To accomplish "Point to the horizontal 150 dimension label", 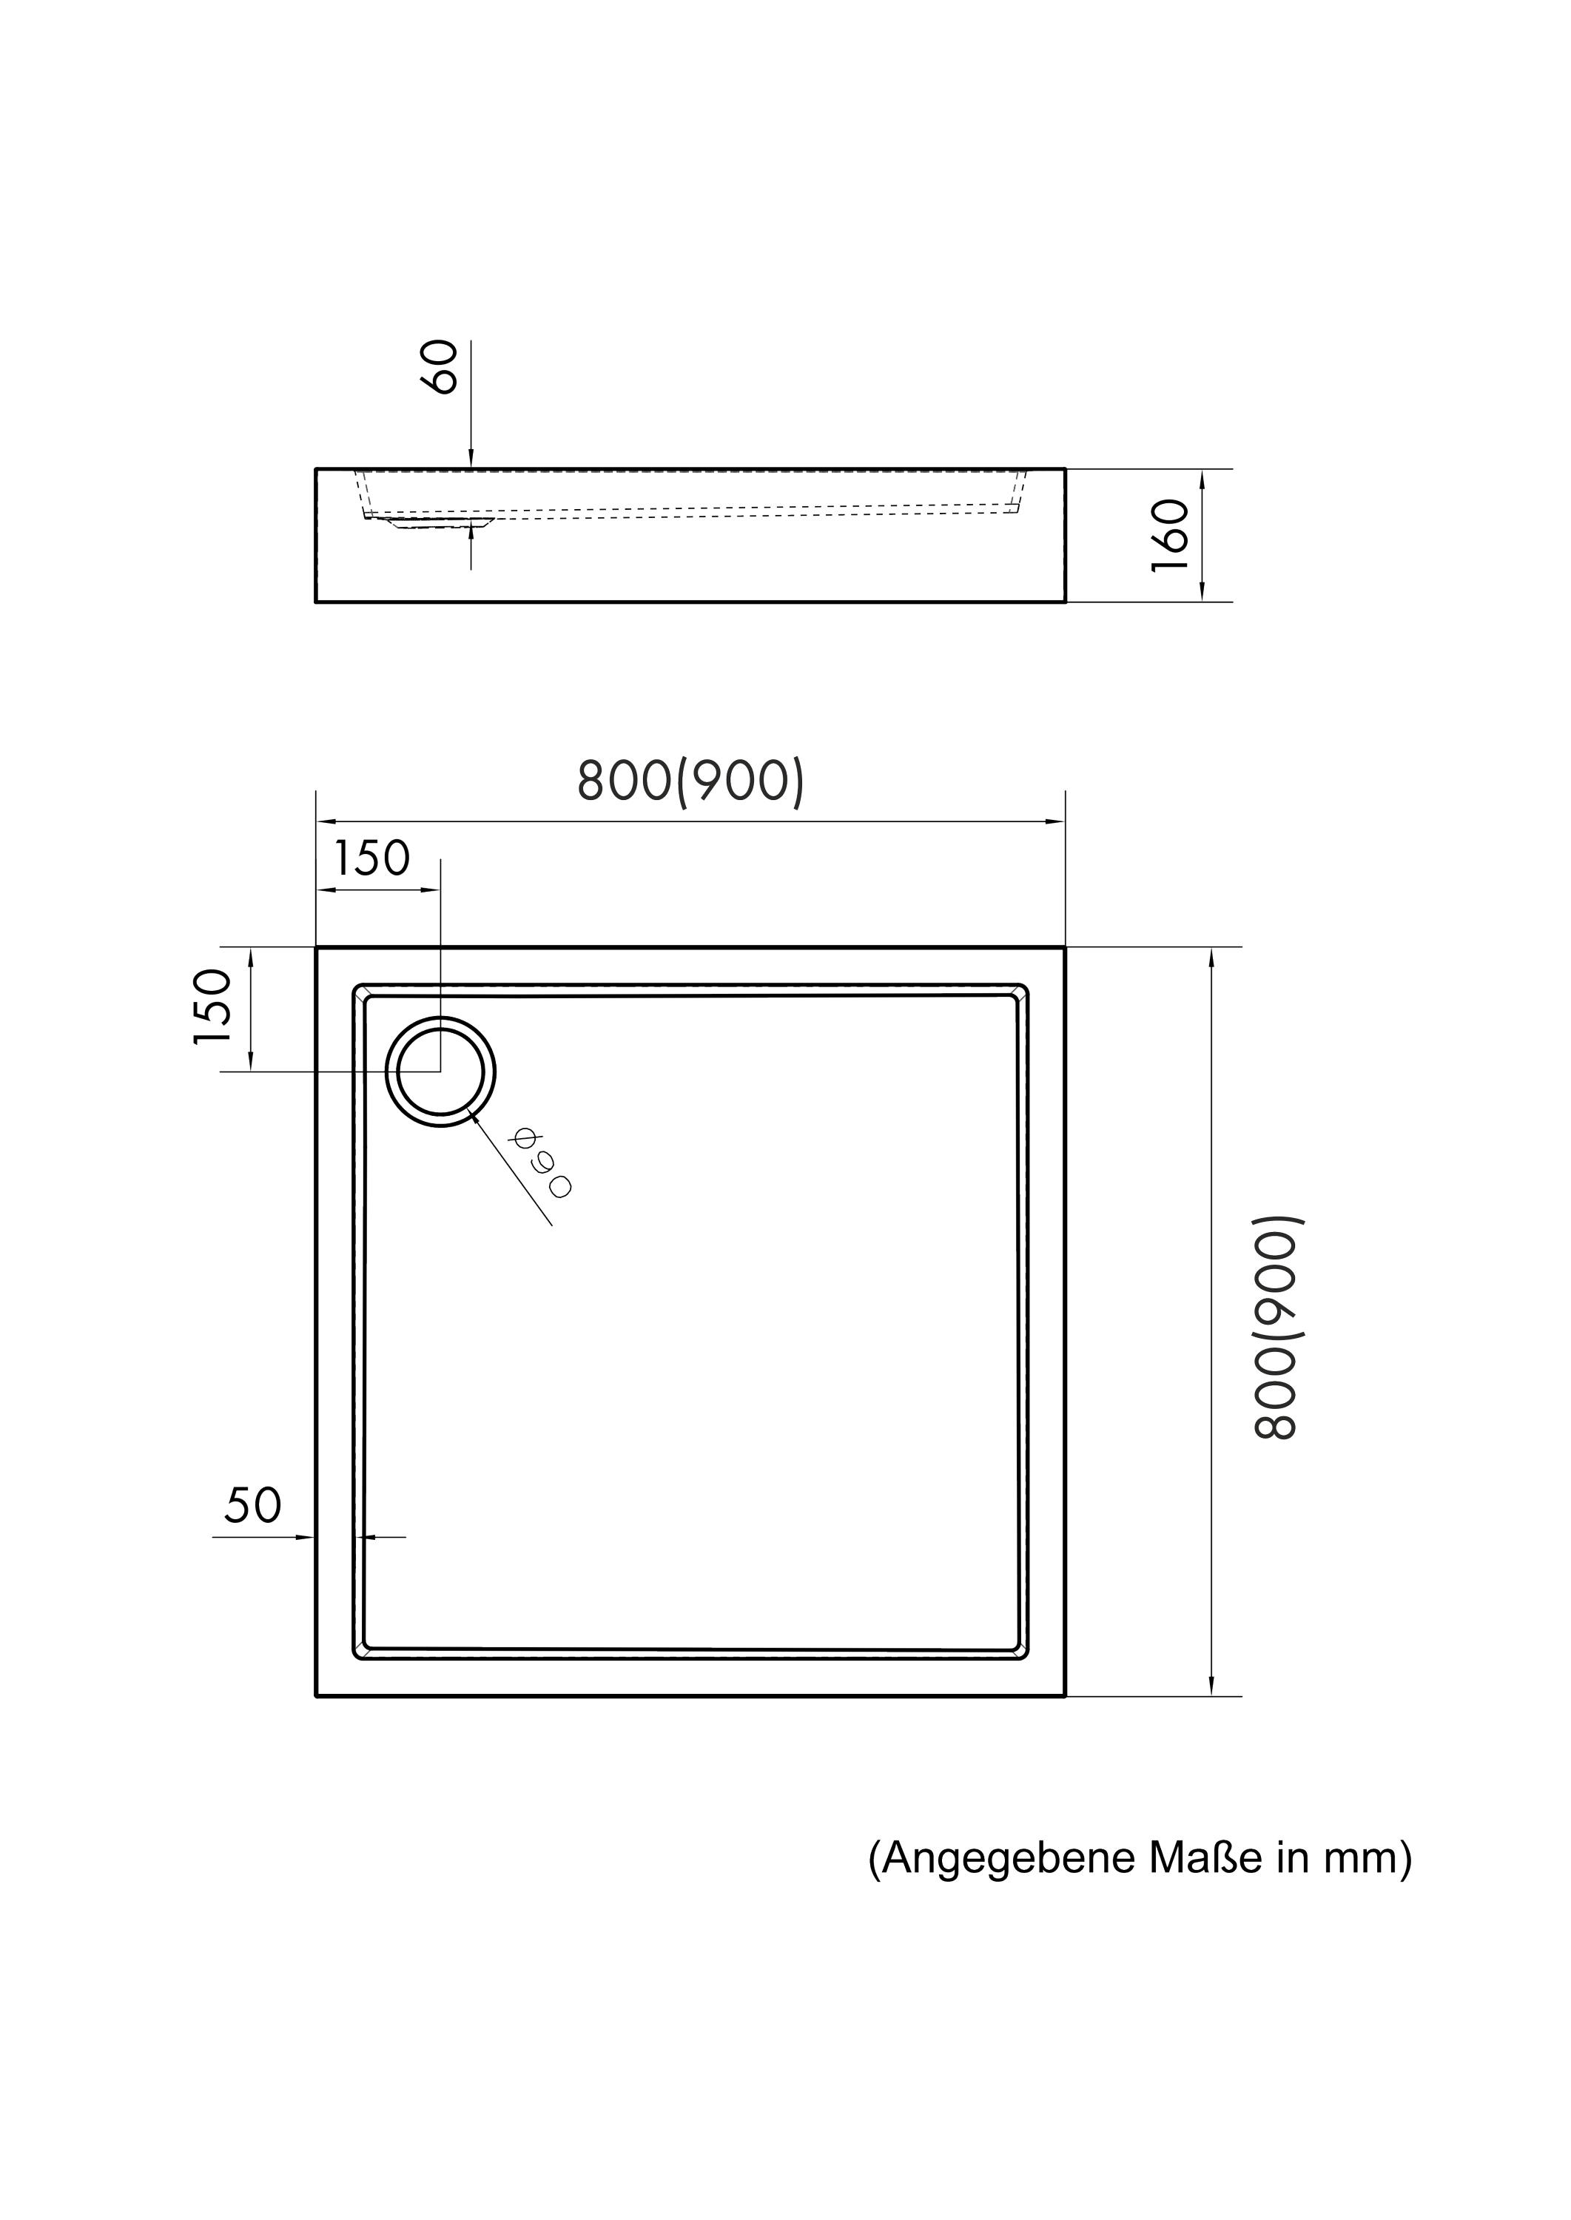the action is [371, 858].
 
